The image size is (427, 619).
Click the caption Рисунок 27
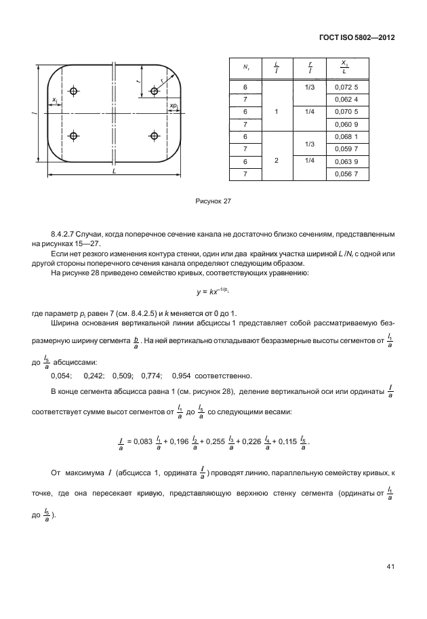click(x=213, y=201)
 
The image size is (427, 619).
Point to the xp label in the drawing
click(x=174, y=106)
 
